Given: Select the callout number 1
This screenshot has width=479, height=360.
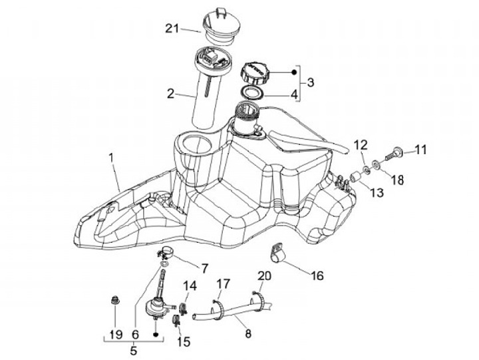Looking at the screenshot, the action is click(x=112, y=158).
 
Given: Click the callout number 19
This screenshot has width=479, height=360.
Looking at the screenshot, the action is click(x=116, y=333).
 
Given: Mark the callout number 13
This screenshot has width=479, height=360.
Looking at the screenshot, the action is click(x=377, y=193).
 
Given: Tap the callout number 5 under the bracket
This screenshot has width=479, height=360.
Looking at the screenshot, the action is click(x=133, y=350).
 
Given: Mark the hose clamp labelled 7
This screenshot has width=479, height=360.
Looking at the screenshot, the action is click(x=167, y=254).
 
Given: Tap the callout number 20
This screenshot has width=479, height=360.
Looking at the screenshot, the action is click(x=264, y=275).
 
